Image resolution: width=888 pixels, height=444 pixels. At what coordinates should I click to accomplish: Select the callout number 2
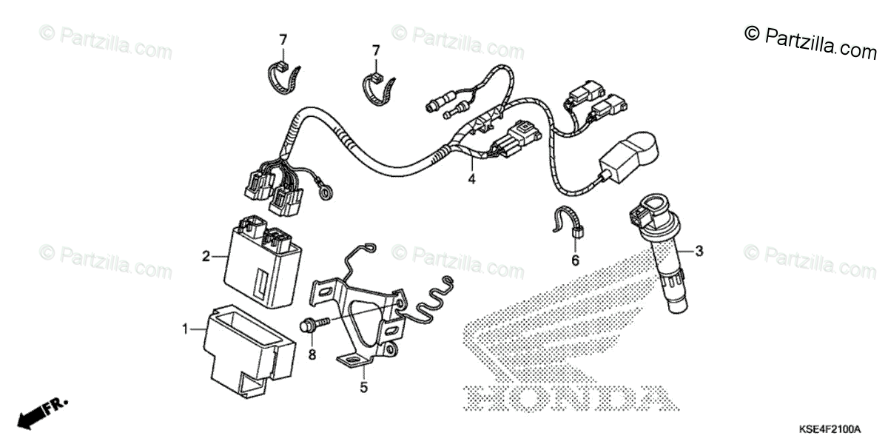click(x=206, y=257)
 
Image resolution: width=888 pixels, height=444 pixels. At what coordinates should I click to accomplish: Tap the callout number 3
click(x=699, y=251)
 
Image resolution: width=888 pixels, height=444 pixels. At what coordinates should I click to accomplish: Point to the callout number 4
click(x=470, y=178)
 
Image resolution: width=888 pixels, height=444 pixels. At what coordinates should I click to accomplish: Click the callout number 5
click(x=363, y=386)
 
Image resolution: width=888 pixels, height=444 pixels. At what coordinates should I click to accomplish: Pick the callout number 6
click(x=575, y=260)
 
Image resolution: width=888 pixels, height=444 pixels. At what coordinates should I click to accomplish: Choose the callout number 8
click(x=312, y=354)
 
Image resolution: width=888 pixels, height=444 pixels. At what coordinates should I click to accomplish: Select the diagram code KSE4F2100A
click(x=829, y=429)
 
